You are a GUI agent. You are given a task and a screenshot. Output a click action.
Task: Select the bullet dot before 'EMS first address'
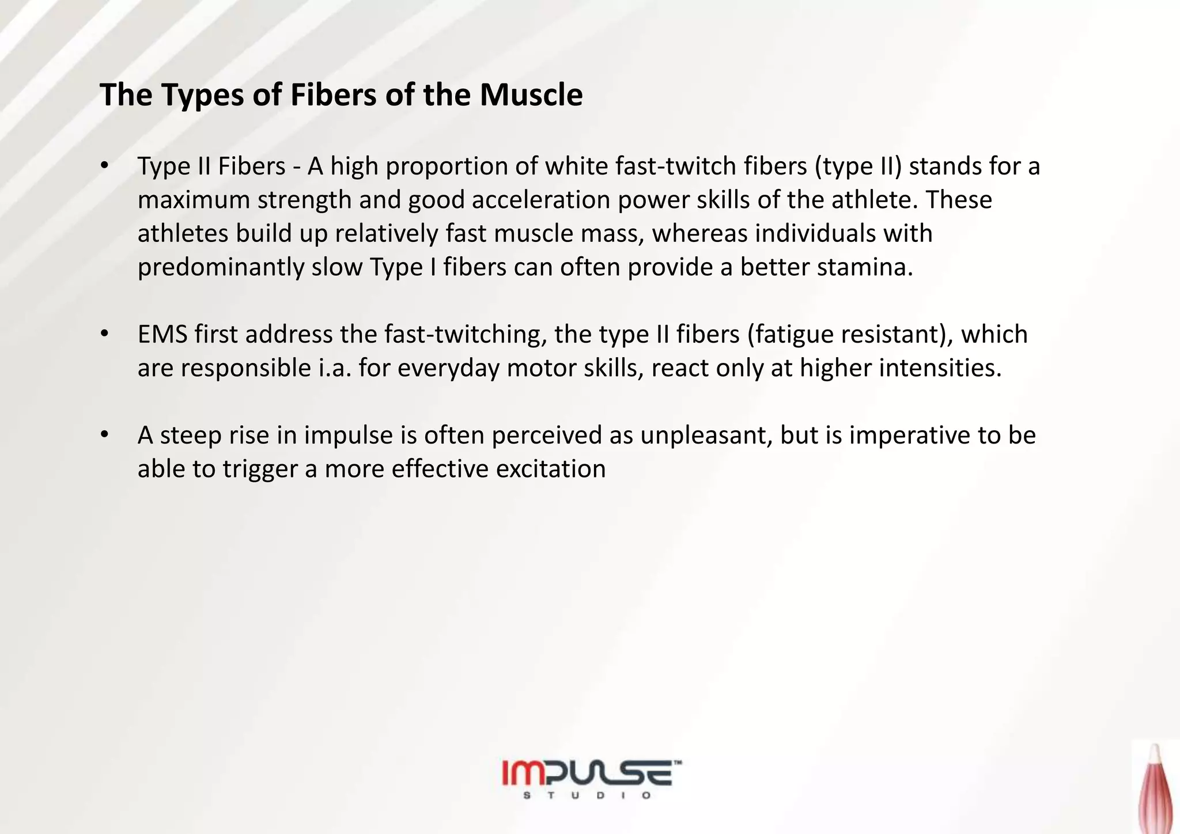coord(104,334)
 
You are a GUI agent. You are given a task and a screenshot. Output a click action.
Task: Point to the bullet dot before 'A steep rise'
coord(104,435)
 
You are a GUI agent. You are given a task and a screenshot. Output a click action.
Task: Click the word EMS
coord(162,335)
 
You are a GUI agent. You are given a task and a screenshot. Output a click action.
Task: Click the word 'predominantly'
coord(221,268)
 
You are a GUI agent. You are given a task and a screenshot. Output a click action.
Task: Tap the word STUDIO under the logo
coord(588,796)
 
